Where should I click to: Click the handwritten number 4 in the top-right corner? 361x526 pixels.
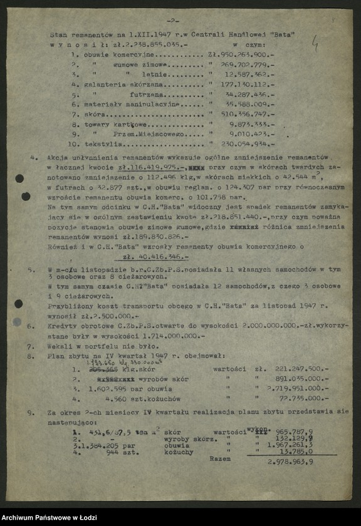point(315,43)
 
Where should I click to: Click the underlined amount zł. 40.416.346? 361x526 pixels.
point(156,257)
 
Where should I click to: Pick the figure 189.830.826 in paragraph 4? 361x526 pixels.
point(154,238)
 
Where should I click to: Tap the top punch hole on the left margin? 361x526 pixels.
point(19,178)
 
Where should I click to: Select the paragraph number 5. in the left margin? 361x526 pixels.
point(32,268)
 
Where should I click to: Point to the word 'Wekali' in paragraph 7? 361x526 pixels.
point(61,345)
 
